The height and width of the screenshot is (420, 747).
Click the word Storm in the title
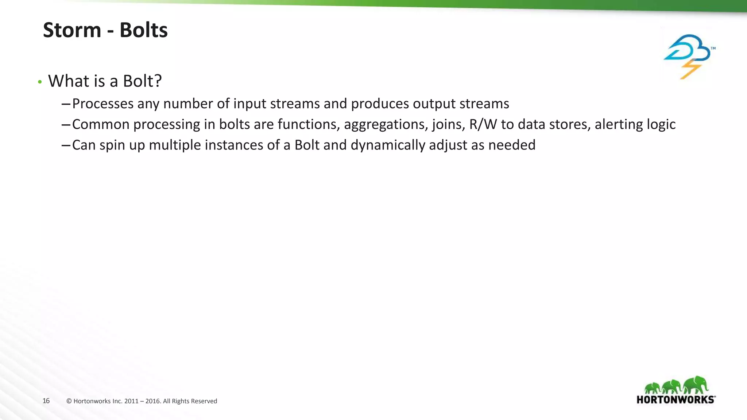tap(72, 30)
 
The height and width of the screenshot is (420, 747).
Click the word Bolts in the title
tap(143, 30)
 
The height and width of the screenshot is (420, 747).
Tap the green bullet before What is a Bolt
tap(40, 82)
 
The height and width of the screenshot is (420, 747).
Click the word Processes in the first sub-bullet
tap(103, 104)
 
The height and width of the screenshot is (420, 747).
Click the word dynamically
tap(388, 145)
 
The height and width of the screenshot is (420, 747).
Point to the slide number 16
tap(46, 401)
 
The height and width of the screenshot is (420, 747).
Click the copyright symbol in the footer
tap(69, 401)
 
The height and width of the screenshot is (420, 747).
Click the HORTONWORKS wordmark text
tap(676, 400)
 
